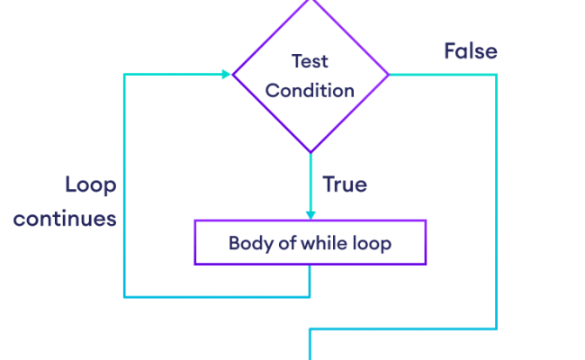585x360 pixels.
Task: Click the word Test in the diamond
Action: [310, 62]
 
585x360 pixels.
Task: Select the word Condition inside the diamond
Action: [310, 91]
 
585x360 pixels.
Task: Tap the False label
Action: [470, 51]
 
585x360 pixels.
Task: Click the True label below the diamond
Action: [345, 185]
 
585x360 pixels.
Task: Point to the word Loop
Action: [90, 185]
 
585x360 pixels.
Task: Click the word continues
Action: [65, 219]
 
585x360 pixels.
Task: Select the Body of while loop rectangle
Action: [310, 243]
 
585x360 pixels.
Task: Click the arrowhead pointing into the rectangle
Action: [310, 214]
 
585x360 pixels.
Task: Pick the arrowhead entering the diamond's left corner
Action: [226, 75]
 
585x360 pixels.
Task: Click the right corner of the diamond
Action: [388, 75]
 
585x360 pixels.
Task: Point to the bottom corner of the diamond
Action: [310, 150]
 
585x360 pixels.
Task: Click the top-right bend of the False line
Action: [496, 76]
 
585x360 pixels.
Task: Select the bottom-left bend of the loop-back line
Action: [124, 296]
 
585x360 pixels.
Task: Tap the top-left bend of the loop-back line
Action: [124, 75]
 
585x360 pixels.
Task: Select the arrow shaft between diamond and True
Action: [310, 180]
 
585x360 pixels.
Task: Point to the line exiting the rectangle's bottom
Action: [310, 281]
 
